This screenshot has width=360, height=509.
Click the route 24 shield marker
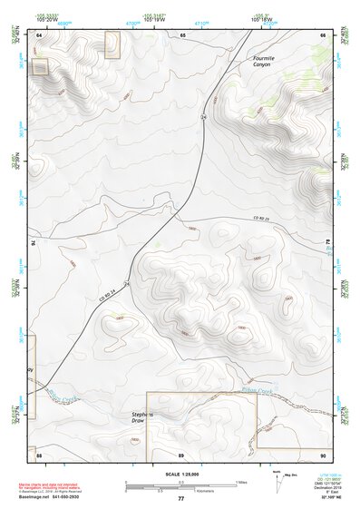[x=204, y=118]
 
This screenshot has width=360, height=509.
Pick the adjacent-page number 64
[x=40, y=34]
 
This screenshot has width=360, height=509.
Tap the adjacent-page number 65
[x=182, y=34]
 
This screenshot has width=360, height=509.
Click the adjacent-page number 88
[x=40, y=454]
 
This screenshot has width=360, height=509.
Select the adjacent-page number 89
[x=181, y=454]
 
